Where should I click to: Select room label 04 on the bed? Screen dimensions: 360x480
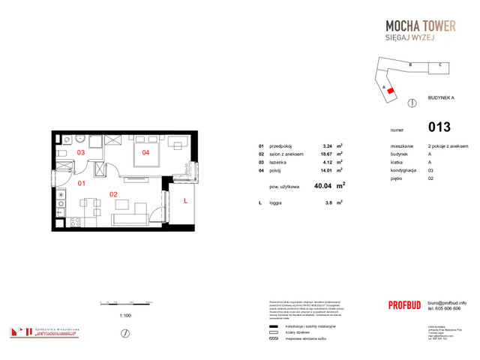point(145,153)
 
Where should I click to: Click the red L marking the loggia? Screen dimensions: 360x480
point(184,199)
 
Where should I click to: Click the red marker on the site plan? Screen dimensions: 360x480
point(391,91)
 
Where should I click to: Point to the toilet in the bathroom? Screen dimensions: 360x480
point(63,155)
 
